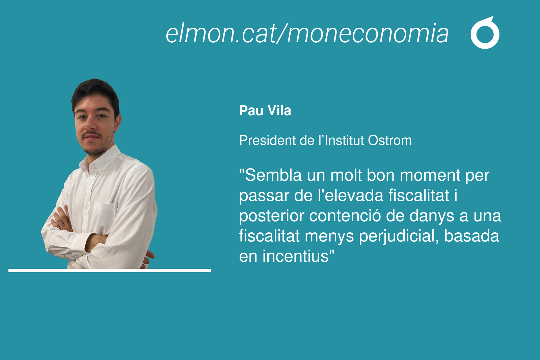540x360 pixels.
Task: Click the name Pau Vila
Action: click(265, 111)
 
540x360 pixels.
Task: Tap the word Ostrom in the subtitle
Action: click(390, 140)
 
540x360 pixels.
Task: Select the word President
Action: click(267, 140)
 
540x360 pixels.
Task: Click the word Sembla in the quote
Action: click(273, 175)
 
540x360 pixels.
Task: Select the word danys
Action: click(432, 216)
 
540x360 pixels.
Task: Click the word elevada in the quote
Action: click(354, 195)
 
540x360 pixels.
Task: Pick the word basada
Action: click(471, 236)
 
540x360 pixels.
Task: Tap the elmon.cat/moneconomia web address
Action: click(307, 33)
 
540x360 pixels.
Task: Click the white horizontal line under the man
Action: click(110, 271)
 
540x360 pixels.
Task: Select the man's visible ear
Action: click(118, 122)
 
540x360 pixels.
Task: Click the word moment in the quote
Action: click(430, 175)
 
